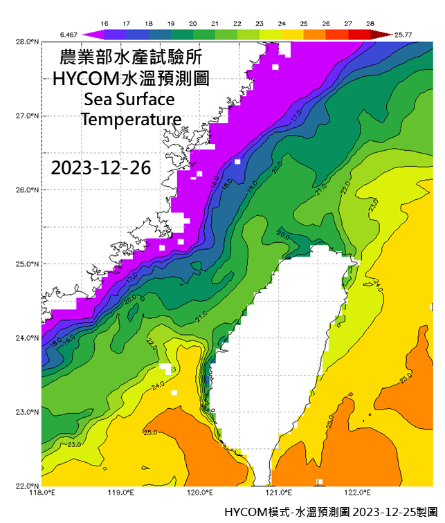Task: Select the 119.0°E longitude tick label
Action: click(120, 493)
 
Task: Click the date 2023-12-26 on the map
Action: click(101, 167)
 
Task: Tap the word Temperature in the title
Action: click(131, 119)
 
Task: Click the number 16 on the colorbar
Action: click(105, 23)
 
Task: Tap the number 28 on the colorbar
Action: click(371, 23)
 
